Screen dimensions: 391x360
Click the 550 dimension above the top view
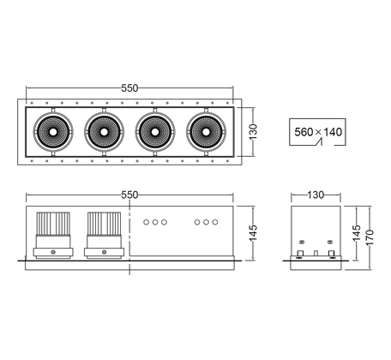(x=129, y=88)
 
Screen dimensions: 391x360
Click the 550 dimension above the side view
(x=129, y=195)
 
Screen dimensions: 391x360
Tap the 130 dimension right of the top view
(x=253, y=132)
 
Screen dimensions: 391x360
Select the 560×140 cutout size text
(x=318, y=132)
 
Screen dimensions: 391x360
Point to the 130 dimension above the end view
(x=316, y=195)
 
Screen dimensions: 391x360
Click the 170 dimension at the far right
(x=370, y=237)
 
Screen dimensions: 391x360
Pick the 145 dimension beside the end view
(x=356, y=233)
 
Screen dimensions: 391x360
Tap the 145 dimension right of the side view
(x=253, y=233)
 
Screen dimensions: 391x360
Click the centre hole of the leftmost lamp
(x=53, y=132)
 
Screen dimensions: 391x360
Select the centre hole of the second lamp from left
(x=104, y=132)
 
